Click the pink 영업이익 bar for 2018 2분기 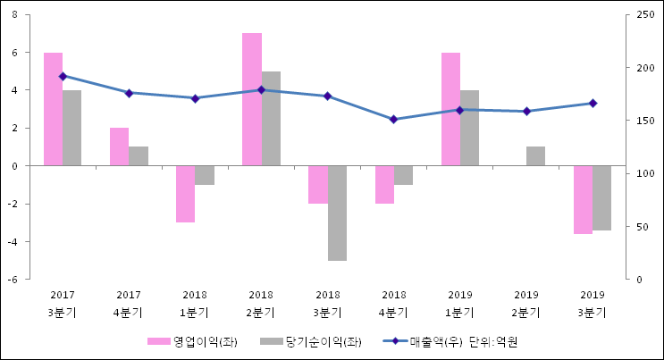pyautogui.click(x=252, y=99)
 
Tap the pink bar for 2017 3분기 pyautogui.click(x=53, y=109)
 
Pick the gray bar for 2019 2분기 pyautogui.click(x=535, y=156)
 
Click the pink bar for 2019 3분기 pyautogui.click(x=583, y=199)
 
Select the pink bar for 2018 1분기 pyautogui.click(x=185, y=194)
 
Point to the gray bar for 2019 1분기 pyautogui.click(x=469, y=128)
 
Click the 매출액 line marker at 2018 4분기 pyautogui.click(x=394, y=119)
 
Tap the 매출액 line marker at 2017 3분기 pyautogui.click(x=63, y=76)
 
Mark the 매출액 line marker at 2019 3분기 pyautogui.click(x=593, y=104)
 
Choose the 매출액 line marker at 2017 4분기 pyautogui.click(x=129, y=93)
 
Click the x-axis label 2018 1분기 pyautogui.click(x=195, y=304)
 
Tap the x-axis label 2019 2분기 pyautogui.click(x=526, y=304)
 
